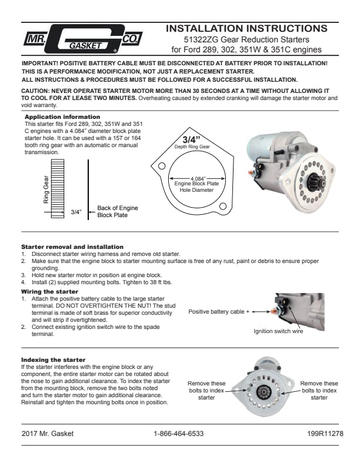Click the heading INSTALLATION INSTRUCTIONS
click(x=246, y=28)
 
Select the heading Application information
click(x=54, y=117)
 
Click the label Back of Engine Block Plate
click(x=117, y=212)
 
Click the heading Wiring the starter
click(x=49, y=291)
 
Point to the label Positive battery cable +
click(x=219, y=311)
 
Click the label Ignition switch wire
click(x=278, y=331)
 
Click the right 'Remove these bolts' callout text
click(x=319, y=390)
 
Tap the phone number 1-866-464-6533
click(x=179, y=434)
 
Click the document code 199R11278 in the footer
click(x=323, y=434)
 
